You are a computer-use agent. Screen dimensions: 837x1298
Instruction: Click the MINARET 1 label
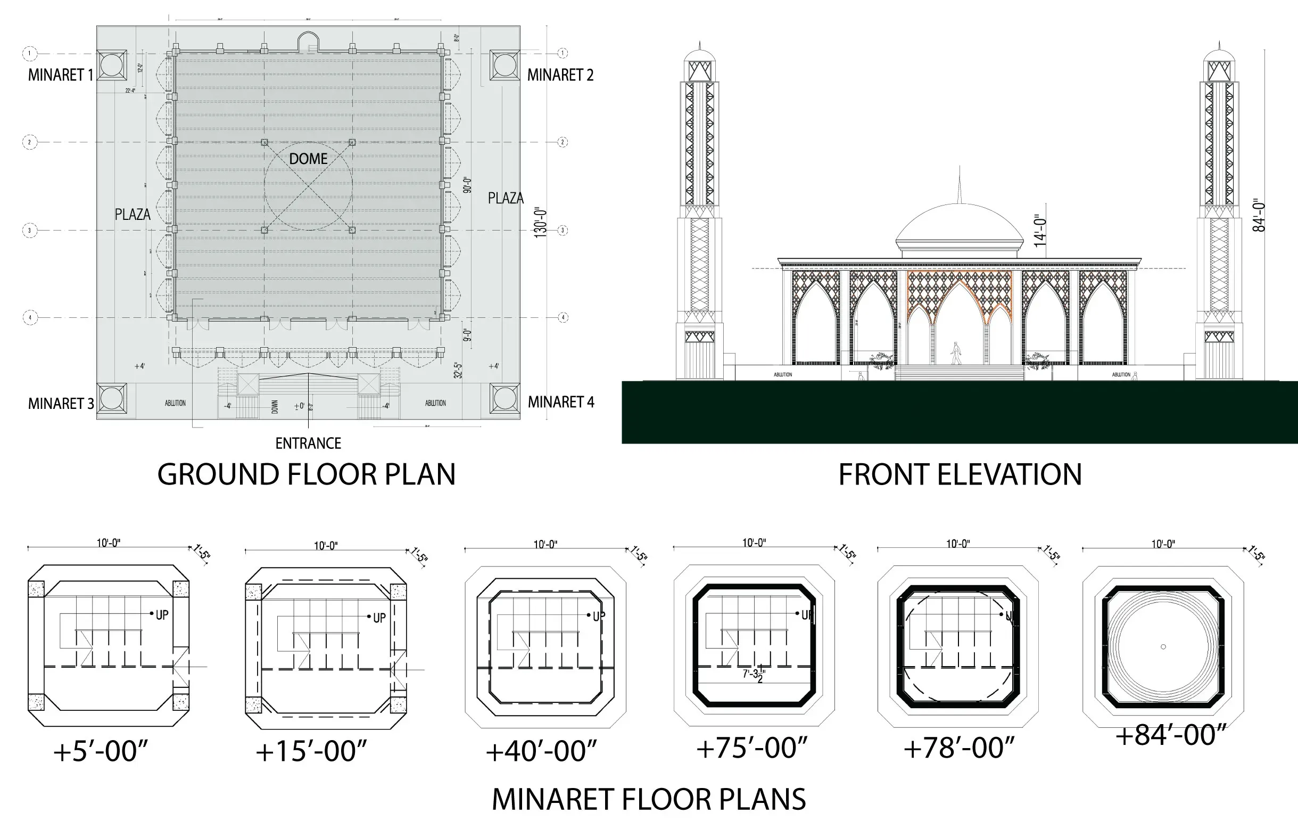click(x=60, y=75)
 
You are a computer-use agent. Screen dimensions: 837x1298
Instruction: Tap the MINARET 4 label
click(x=561, y=402)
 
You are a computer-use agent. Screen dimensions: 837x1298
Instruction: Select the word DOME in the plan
click(x=308, y=159)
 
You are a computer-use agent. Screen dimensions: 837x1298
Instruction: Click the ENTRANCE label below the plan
click(x=308, y=444)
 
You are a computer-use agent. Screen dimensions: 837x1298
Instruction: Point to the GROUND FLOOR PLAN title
click(x=307, y=474)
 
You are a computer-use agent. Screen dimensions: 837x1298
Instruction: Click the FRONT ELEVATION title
click(x=960, y=474)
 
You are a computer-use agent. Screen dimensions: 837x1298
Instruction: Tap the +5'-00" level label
click(x=101, y=752)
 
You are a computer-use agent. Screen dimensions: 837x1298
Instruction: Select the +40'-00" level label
click(x=541, y=752)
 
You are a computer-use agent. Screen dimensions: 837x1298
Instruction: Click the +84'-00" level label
click(x=1170, y=735)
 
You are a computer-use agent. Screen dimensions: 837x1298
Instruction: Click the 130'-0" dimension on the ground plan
click(x=540, y=222)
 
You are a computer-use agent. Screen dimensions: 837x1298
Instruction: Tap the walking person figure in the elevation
click(x=955, y=354)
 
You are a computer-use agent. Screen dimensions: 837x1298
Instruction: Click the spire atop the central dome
click(x=960, y=185)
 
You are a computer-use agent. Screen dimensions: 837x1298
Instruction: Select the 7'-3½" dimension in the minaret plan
click(x=754, y=675)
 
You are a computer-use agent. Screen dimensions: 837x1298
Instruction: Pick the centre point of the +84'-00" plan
click(x=1163, y=647)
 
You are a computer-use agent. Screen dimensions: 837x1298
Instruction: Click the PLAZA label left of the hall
click(x=133, y=215)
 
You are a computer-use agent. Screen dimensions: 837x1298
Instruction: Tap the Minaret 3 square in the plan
click(x=112, y=398)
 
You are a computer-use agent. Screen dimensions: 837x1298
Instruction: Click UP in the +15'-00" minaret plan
click(x=379, y=618)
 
